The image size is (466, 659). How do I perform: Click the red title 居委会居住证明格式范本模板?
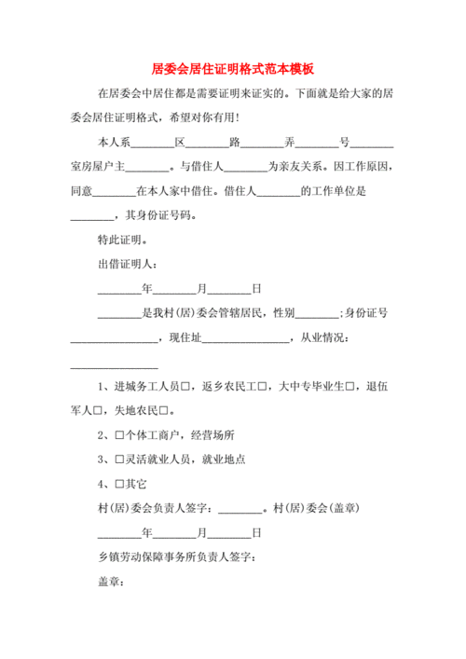232,69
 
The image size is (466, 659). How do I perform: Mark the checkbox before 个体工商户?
118,435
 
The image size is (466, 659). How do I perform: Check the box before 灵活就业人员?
118,460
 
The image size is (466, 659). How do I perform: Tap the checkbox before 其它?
118,484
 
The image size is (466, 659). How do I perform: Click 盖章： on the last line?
111,582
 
